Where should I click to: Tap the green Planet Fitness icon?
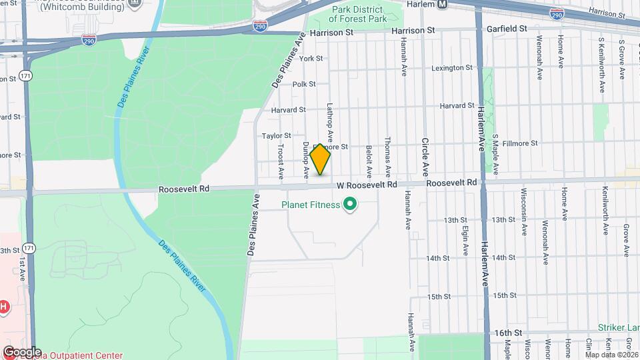[349, 205]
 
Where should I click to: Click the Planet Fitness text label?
[310, 205]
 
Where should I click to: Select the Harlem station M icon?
[442, 5]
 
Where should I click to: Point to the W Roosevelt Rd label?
[367, 184]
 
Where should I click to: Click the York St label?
[311, 59]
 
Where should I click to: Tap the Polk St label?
[303, 84]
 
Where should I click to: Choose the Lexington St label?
[451, 68]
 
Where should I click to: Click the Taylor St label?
[277, 135]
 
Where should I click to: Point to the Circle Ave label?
[424, 155]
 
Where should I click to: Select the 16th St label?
[507, 332]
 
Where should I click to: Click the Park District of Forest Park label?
[357, 15]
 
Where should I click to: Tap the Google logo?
[22, 351]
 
